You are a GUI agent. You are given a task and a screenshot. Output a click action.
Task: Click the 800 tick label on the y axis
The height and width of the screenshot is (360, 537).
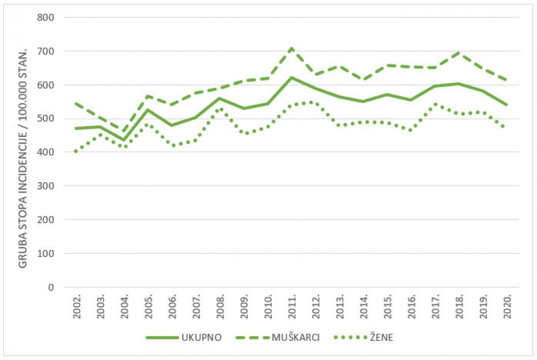(45, 17)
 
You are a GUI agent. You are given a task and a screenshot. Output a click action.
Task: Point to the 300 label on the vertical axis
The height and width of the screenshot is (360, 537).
(45, 186)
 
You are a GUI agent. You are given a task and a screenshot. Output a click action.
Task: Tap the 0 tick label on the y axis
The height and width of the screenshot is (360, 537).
(51, 287)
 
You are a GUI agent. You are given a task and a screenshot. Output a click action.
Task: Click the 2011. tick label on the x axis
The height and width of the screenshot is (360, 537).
(292, 307)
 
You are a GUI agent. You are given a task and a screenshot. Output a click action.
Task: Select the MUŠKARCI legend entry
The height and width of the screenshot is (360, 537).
(277, 337)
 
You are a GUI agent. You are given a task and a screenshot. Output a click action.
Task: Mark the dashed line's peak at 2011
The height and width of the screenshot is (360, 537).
(292, 48)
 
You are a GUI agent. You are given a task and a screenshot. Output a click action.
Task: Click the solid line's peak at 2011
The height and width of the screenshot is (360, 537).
(292, 77)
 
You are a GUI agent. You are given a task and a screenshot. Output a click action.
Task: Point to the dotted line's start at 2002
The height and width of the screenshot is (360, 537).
(77, 151)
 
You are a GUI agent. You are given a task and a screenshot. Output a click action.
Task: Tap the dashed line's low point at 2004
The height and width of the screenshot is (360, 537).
(124, 131)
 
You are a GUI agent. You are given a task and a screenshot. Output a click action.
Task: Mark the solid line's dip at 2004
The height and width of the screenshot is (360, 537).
(124, 140)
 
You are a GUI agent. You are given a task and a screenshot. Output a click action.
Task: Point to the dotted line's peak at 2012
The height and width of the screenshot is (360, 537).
(315, 102)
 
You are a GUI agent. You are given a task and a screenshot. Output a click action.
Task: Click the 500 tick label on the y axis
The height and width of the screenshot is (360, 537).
(45, 119)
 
